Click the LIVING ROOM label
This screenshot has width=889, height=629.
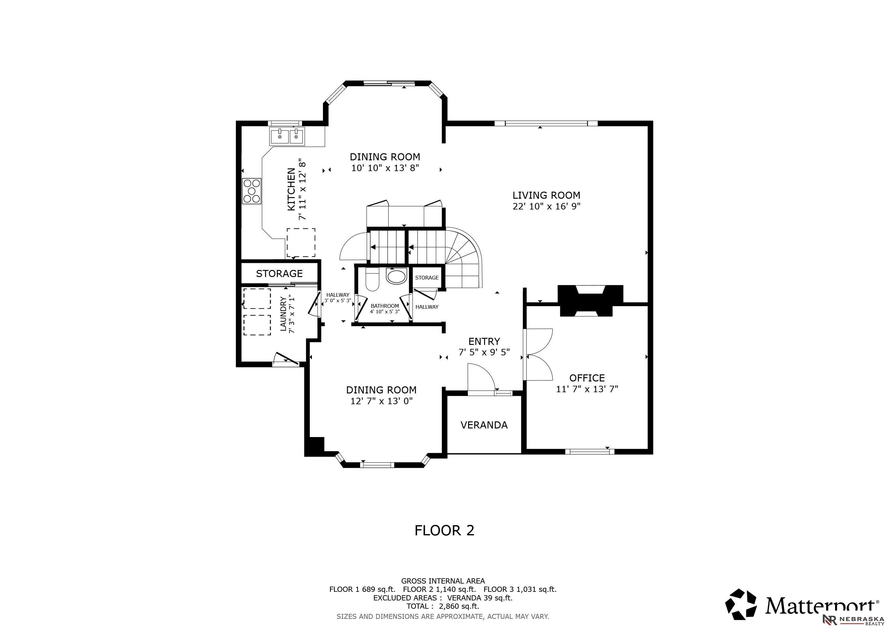(546, 195)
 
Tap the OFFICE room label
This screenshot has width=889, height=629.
(587, 378)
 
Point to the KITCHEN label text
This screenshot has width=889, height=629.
(291, 189)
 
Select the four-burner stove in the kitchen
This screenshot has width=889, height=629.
(252, 191)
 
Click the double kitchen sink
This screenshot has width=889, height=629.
(287, 136)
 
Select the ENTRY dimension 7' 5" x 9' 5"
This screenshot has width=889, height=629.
(484, 352)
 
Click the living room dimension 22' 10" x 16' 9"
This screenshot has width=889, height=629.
(546, 206)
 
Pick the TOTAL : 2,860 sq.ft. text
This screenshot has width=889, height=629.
(443, 606)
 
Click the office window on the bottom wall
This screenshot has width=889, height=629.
(590, 451)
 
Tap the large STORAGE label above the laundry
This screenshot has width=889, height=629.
(279, 273)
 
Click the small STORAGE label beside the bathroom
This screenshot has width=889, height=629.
(427, 278)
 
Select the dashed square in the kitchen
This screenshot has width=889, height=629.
(301, 242)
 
